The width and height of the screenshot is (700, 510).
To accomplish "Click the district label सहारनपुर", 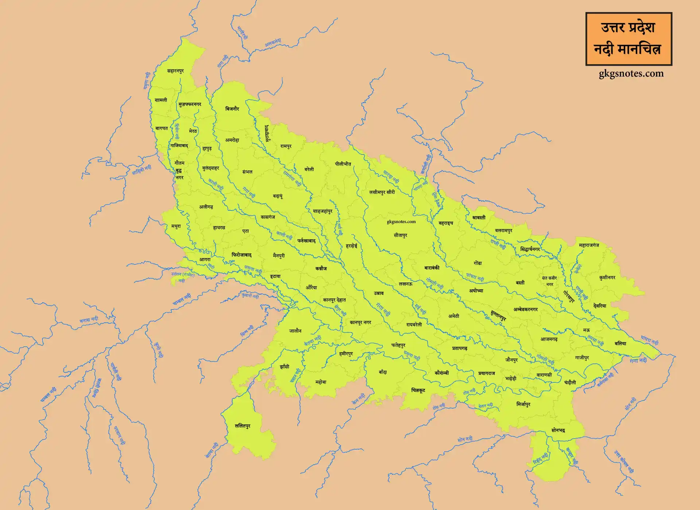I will (175, 71).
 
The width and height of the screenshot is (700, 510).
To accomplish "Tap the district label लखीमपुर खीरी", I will (382, 192).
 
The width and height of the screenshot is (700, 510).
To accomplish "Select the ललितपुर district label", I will (242, 426).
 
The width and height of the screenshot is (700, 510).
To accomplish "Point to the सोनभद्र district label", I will (558, 431).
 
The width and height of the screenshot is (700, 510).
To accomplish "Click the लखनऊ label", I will (405, 284).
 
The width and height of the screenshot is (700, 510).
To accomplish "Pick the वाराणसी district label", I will (544, 375).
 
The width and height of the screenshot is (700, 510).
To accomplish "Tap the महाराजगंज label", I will (589, 245).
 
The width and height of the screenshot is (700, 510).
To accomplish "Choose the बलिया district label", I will (620, 343).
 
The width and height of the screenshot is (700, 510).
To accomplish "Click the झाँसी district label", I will (284, 367).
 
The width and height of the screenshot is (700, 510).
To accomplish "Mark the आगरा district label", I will (205, 260).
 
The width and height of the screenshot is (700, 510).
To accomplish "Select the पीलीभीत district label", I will (343, 164).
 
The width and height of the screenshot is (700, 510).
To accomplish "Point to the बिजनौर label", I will (232, 109).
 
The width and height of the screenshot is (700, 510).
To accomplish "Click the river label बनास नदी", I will (89, 320).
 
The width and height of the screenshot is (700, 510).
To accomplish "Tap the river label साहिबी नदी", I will (141, 170).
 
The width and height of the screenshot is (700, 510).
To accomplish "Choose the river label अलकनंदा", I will (273, 43).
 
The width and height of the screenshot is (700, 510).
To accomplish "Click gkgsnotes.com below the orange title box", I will (631, 74).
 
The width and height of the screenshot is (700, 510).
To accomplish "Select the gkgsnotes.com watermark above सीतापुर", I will (401, 222).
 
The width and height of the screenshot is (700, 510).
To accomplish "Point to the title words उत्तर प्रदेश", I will (628, 28).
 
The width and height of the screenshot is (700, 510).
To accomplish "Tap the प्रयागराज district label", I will (487, 373).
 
